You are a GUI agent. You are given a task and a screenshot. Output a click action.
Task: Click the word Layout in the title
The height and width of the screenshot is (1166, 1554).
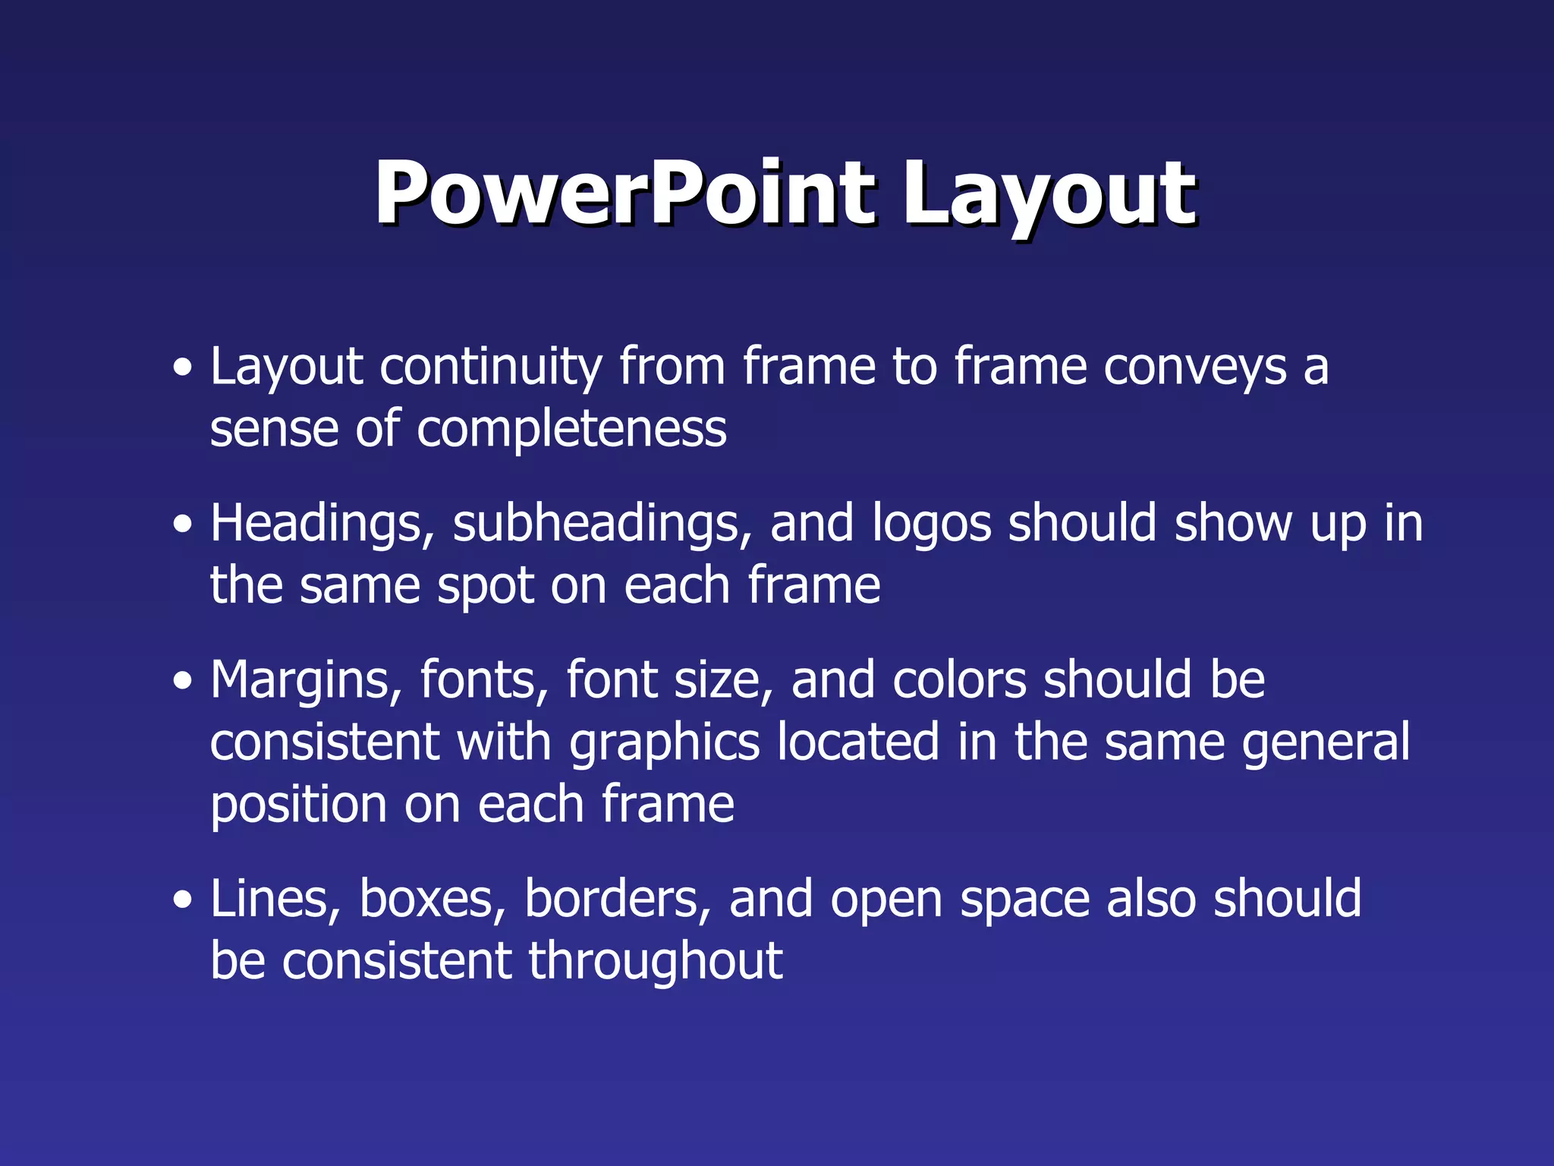tap(1049, 196)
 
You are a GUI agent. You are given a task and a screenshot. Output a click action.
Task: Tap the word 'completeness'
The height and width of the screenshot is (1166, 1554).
tap(571, 430)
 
